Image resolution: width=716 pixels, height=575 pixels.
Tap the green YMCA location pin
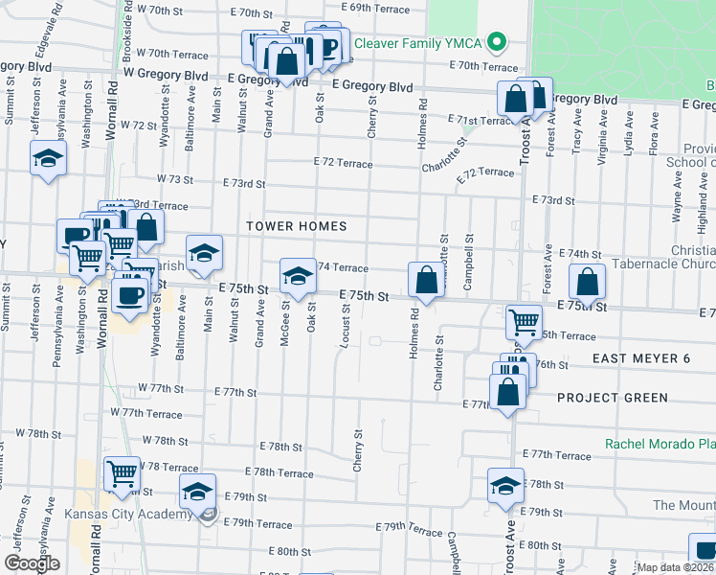(496, 42)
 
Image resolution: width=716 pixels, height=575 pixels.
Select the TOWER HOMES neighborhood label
(296, 226)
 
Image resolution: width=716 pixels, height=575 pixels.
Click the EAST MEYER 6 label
(640, 358)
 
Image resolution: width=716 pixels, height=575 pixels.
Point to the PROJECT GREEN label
(612, 397)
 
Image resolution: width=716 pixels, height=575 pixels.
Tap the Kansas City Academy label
(128, 515)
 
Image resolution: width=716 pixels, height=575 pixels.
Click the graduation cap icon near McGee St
(298, 276)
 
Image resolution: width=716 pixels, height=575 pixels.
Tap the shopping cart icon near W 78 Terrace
(122, 473)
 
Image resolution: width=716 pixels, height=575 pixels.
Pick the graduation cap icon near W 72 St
(47, 159)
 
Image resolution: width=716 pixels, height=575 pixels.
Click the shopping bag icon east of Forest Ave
(587, 282)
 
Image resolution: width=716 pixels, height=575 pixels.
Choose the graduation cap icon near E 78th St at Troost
(505, 486)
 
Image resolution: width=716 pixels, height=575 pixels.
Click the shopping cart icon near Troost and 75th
(524, 323)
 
